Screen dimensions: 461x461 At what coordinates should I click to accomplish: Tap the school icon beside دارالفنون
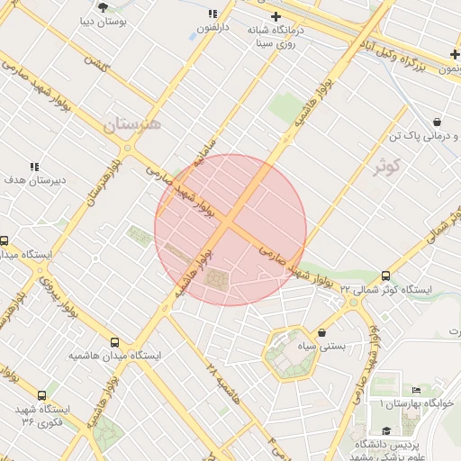tap(212, 14)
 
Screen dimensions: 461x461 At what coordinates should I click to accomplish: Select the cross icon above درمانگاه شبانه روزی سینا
tap(276, 17)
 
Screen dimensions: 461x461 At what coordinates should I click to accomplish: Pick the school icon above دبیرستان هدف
tap(34, 167)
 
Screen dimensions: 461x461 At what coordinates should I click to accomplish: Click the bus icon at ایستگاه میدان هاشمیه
tap(114, 342)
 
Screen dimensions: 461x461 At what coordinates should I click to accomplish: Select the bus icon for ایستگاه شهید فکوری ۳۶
tap(41, 395)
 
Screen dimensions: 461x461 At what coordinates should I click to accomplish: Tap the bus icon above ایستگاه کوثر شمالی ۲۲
tap(386, 276)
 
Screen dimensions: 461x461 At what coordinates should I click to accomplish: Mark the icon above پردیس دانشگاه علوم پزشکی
tap(387, 430)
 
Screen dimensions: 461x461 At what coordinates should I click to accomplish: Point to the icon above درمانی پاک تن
tap(437, 122)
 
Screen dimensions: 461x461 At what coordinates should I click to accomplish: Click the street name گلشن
tap(94, 63)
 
